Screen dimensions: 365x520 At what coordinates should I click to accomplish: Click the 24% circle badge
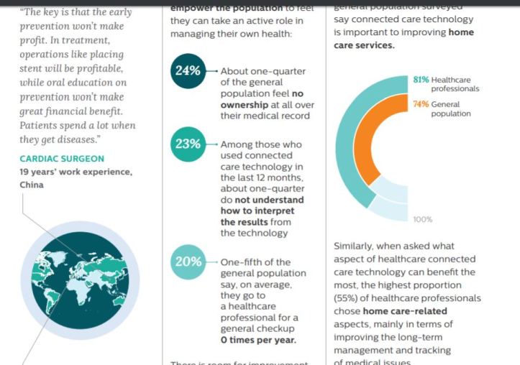[187, 71]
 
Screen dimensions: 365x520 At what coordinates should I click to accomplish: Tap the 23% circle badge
[187, 144]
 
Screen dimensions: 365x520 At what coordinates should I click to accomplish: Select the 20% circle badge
[187, 262]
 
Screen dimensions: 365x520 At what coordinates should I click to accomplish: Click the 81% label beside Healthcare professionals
[421, 78]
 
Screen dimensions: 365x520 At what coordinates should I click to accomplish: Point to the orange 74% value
[421, 104]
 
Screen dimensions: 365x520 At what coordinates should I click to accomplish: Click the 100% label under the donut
[423, 219]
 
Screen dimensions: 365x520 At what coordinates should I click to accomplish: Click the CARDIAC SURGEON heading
[62, 159]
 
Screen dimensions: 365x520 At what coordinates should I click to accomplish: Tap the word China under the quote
[32, 185]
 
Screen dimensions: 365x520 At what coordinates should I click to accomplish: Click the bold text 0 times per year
[258, 341]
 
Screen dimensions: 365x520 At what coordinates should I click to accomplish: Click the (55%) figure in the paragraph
[347, 298]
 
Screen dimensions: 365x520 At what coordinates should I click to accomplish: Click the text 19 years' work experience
[76, 172]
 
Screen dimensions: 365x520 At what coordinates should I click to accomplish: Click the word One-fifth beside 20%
[245, 262]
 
